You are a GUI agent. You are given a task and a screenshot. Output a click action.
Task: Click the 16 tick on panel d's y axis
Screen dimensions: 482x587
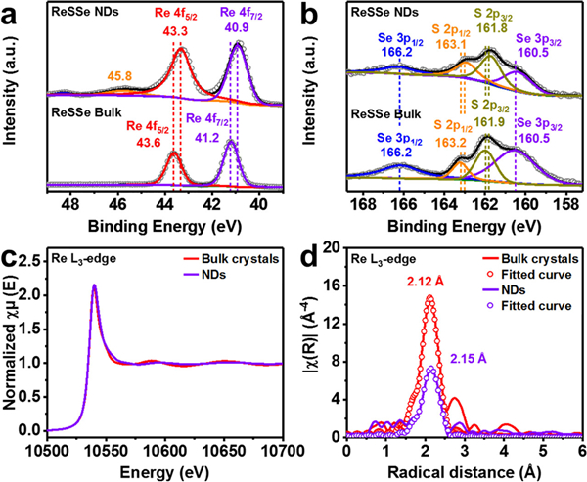coord(330,285)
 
